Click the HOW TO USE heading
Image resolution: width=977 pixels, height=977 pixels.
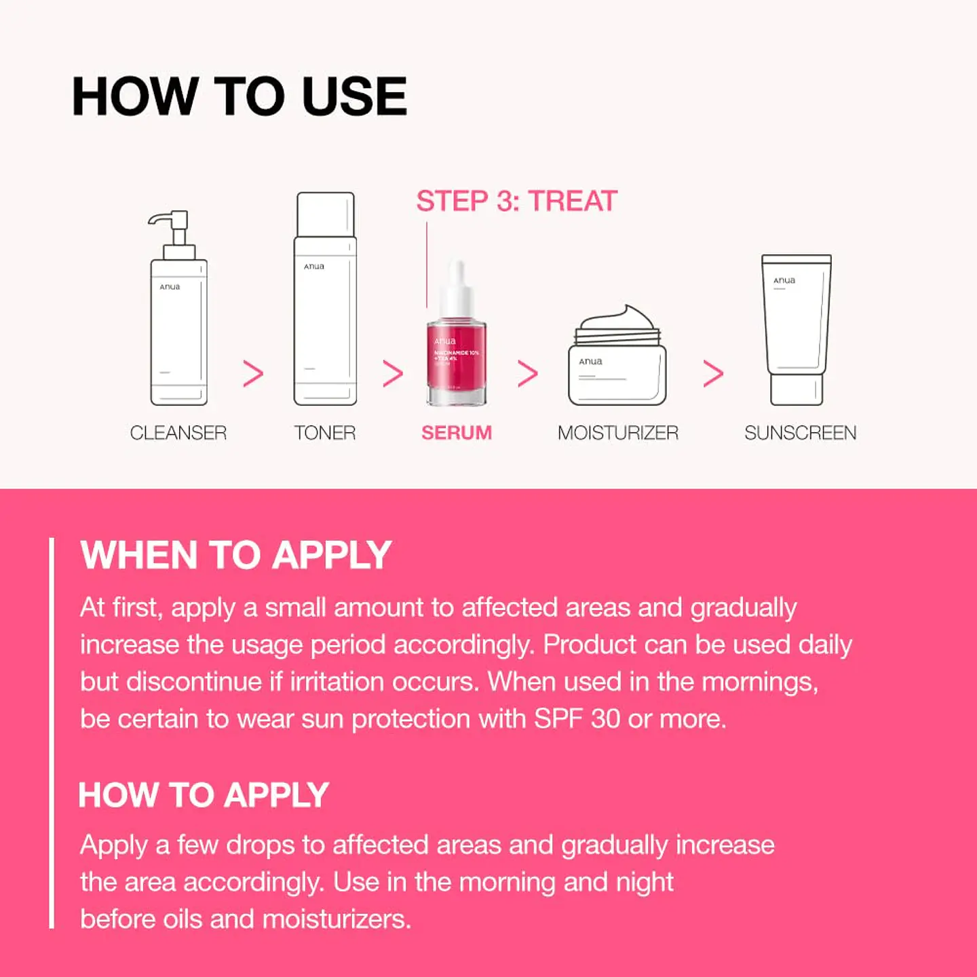239,96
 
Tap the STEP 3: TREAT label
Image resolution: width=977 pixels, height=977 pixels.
516,202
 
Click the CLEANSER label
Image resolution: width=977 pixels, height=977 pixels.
178,433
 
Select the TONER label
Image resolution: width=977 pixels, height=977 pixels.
325,433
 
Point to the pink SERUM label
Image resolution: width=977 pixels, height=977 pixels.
457,433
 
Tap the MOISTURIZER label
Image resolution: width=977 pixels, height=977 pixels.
617,433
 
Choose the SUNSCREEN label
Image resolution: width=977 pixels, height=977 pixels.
800,433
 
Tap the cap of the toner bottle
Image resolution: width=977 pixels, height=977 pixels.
326,214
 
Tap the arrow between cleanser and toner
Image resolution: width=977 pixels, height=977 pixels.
253,374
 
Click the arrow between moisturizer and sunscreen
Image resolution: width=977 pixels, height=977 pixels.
713,374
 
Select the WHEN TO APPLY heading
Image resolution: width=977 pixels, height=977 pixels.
235,555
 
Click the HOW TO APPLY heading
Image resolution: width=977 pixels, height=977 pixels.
204,795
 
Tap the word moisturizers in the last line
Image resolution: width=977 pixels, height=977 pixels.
337,919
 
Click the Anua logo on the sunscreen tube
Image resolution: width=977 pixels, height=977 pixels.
784,280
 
